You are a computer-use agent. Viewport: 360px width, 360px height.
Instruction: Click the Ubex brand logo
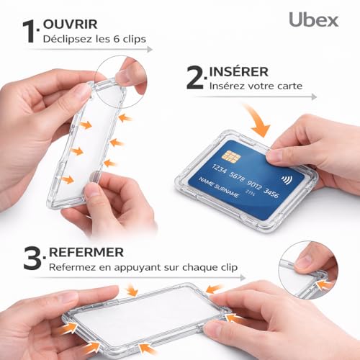(314, 19)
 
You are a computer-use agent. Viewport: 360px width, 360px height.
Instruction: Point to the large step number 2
(195, 78)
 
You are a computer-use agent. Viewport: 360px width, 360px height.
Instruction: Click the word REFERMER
(86, 253)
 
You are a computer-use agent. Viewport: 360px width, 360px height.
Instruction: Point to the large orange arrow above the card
(257, 120)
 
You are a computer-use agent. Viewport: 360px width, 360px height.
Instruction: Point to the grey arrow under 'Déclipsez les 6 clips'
(97, 49)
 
